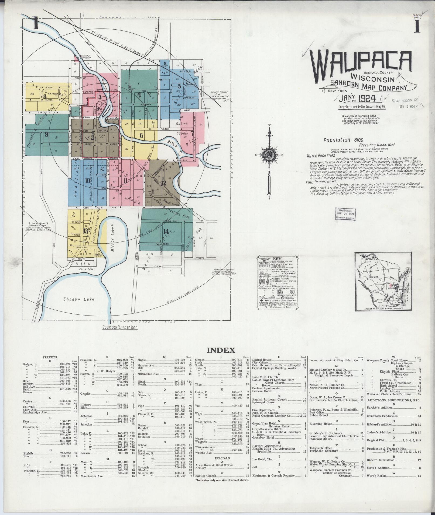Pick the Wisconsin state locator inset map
click(x=383, y=282)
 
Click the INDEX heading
click(x=221, y=350)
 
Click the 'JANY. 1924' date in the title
click(x=357, y=99)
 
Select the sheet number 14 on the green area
click(x=166, y=231)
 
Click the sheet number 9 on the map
click(x=47, y=134)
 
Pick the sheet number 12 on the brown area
click(x=163, y=183)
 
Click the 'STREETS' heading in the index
click(x=50, y=357)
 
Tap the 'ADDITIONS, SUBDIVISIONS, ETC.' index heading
click(x=393, y=400)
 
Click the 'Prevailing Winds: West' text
click(x=376, y=145)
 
